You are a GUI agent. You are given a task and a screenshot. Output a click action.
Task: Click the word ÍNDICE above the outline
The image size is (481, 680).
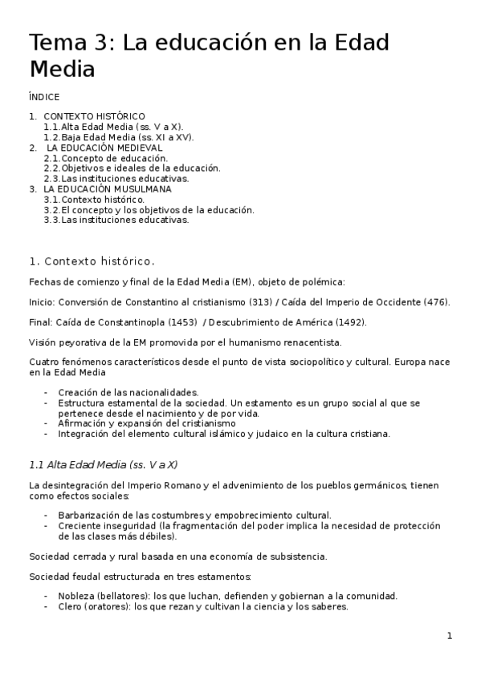43,97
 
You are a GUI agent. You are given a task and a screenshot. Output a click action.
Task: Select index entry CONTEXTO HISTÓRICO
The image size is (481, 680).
94,116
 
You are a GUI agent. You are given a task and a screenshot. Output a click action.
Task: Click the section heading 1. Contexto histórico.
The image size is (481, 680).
92,261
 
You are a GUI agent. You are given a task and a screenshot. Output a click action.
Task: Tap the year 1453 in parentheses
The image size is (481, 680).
185,322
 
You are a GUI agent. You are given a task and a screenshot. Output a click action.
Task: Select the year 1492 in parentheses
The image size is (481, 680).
349,322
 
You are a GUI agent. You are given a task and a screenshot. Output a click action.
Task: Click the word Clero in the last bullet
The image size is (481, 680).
70,607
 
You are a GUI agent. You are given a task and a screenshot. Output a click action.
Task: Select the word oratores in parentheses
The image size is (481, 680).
110,607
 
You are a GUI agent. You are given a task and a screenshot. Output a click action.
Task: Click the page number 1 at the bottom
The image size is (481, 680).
450,636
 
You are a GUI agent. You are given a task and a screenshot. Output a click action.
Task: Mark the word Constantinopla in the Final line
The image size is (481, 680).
128,322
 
